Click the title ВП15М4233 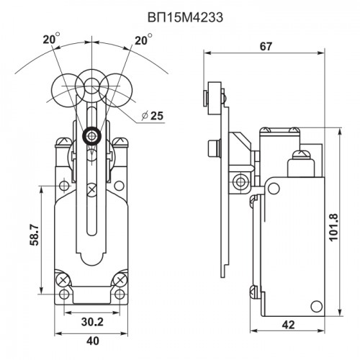click(185, 17)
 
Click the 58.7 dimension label click(35, 235)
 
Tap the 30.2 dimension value click(92, 322)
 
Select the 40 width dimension click(93, 341)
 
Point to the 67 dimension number click(266, 47)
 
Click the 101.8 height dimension click(334, 227)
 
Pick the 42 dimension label click(288, 325)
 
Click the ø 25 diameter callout click(153, 116)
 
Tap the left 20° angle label click(51, 39)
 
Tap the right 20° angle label click(143, 40)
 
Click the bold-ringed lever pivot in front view click(91, 136)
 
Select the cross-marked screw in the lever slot click(91, 190)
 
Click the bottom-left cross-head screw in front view click(63, 280)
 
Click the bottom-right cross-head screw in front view click(120, 280)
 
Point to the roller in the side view click(215, 99)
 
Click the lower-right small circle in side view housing click(317, 306)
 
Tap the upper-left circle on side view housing click(274, 189)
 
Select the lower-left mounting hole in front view click(64, 294)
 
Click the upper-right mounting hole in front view click(119, 186)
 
